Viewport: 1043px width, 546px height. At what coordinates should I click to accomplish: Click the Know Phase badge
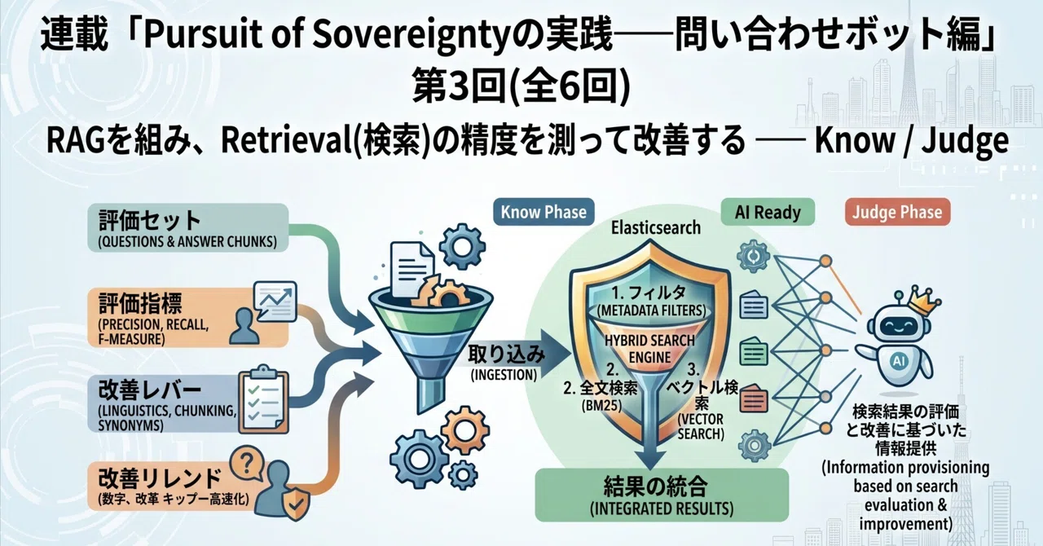(544, 212)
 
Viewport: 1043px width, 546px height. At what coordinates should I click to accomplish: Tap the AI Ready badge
(768, 212)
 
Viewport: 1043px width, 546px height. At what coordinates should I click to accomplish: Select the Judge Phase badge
(897, 212)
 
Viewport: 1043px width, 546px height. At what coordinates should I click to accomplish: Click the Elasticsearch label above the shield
(656, 228)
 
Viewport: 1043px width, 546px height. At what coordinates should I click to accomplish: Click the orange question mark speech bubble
(247, 464)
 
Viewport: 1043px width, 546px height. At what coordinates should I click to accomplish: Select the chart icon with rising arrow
(275, 301)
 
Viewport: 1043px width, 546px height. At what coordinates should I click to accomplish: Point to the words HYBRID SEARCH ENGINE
(649, 349)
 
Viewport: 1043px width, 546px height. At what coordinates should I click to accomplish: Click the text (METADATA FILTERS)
(651, 310)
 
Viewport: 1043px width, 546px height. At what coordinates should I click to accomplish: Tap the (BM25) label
(601, 406)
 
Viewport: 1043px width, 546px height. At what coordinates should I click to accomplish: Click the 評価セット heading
(149, 221)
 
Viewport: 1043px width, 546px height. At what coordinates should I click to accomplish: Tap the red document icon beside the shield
(754, 399)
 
